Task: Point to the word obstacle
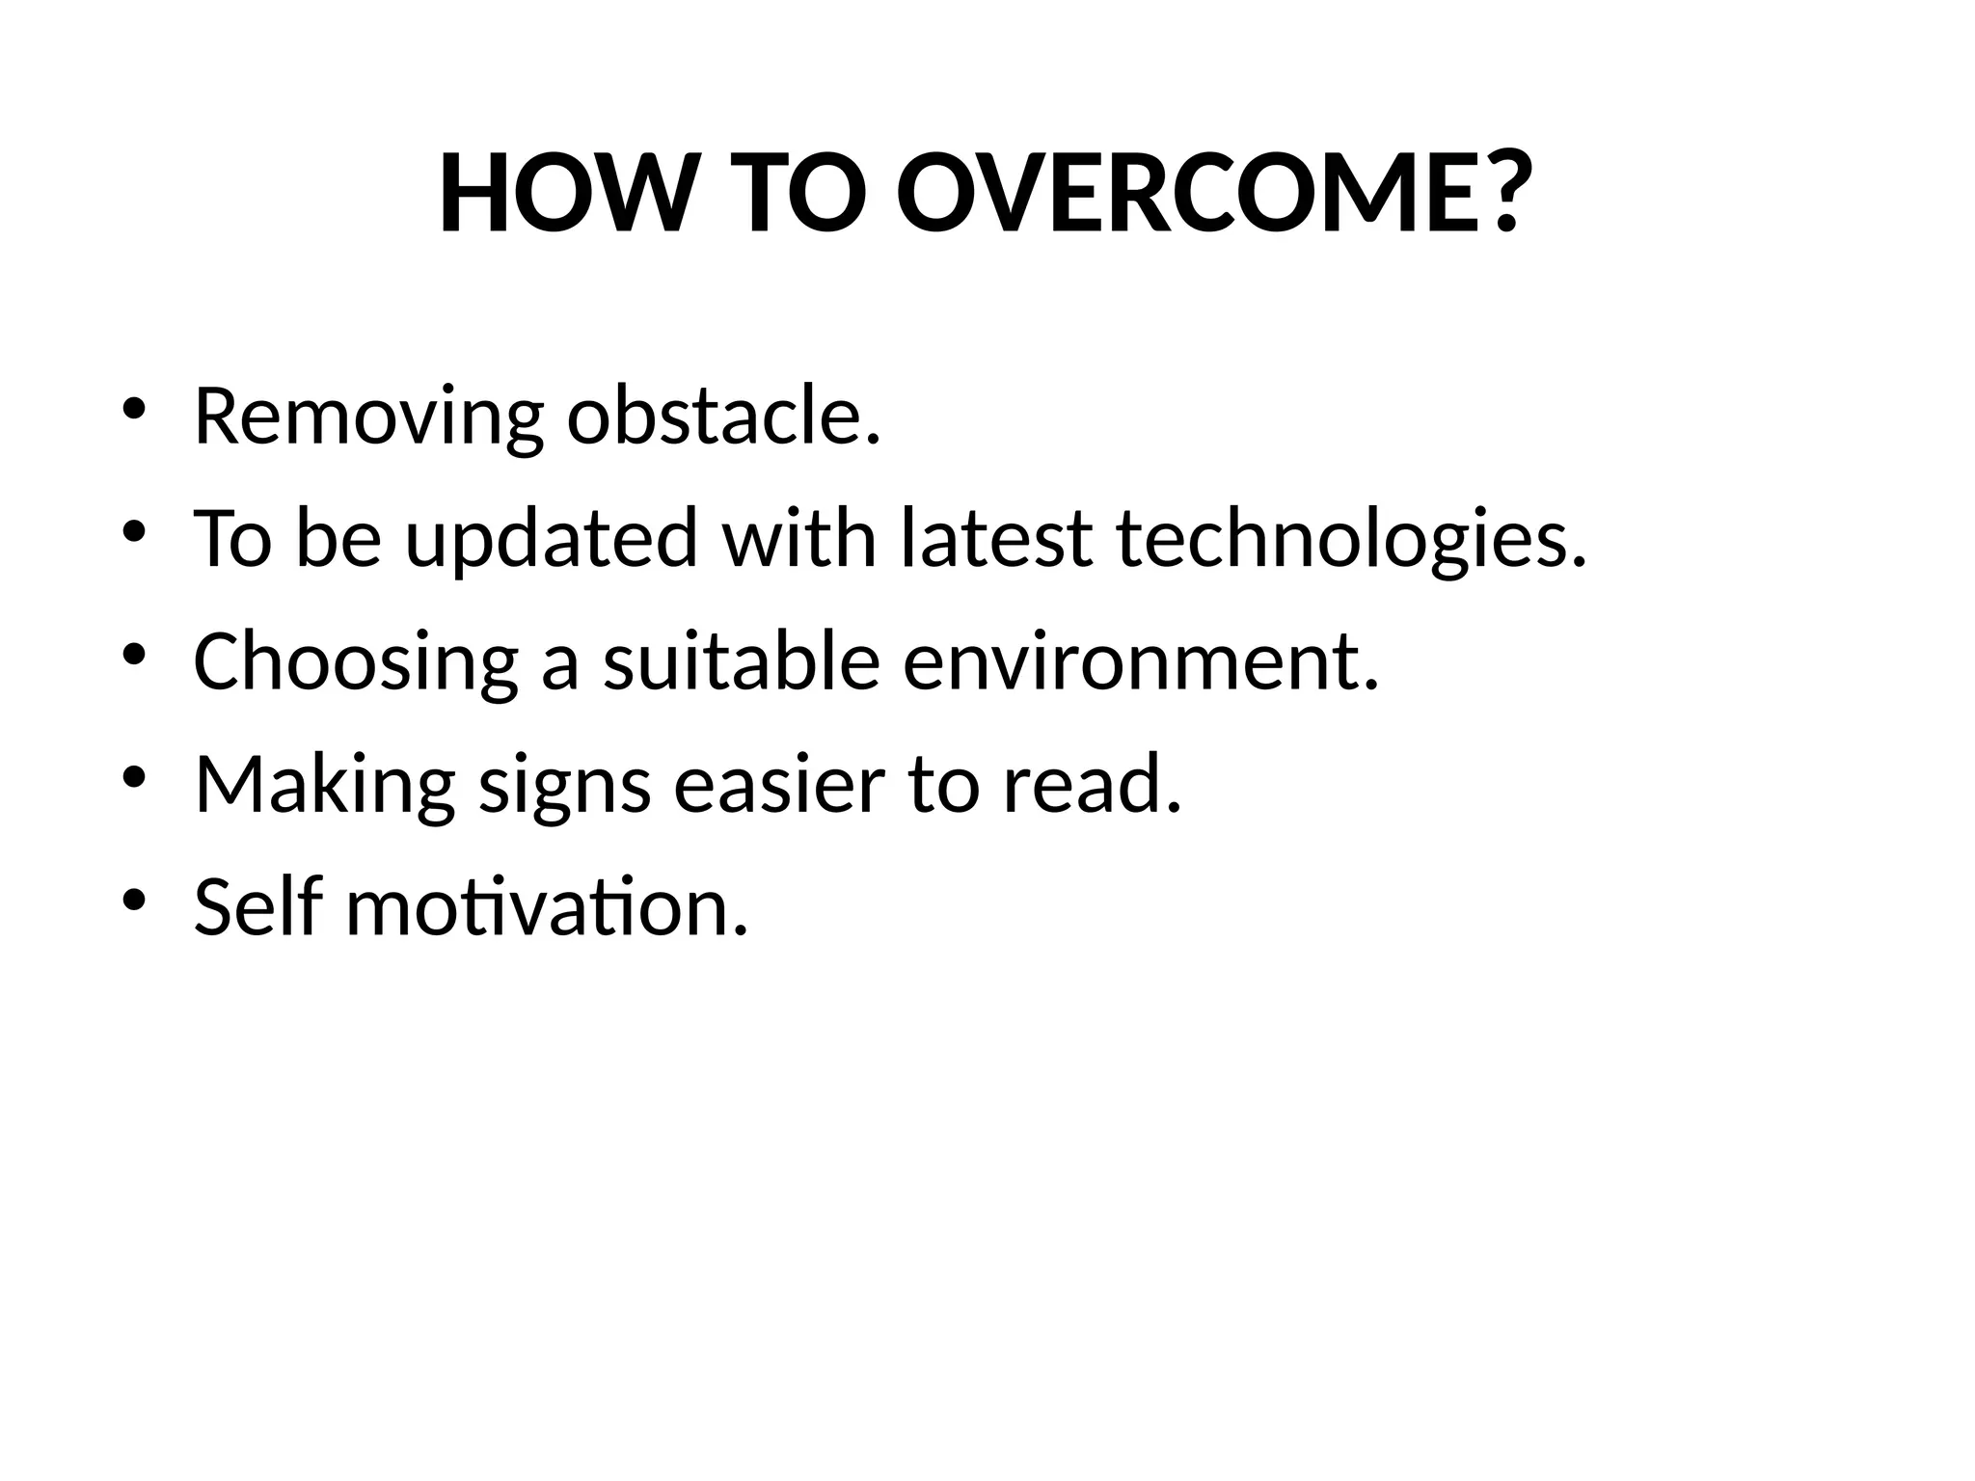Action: [723, 417]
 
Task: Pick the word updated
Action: [551, 540]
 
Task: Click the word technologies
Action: [1350, 540]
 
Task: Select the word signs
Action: [565, 786]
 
